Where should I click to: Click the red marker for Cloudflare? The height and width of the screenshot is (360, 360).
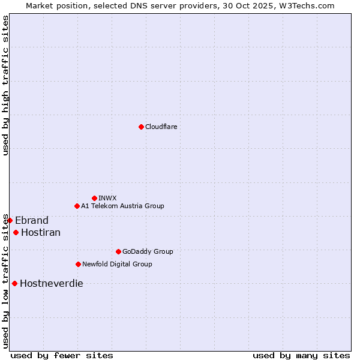coord(141,127)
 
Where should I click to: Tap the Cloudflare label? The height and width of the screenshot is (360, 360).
coord(161,127)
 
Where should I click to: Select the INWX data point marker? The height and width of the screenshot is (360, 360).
coord(94,198)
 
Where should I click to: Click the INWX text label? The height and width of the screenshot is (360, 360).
coord(107,198)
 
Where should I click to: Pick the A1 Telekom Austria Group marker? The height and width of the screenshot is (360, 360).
coord(77,206)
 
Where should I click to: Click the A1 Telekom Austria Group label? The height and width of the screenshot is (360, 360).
coord(122,206)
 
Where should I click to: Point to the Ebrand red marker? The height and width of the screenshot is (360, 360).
coord(10,220)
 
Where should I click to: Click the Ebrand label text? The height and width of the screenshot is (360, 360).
coord(32,220)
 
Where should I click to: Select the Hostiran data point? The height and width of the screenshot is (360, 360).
coord(16,232)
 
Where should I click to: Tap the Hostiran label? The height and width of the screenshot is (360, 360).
coord(41,232)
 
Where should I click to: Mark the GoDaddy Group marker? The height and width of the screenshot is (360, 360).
coord(118,251)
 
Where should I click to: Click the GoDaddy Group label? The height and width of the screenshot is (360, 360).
coord(148,251)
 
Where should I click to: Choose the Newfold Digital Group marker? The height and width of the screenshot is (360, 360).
coord(78,264)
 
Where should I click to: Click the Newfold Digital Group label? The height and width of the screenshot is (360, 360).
coord(117,264)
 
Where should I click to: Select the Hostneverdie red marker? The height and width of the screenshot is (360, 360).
coord(14,283)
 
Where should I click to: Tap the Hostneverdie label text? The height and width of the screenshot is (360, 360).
coord(52,283)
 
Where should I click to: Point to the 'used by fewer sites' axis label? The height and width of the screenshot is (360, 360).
coord(62,355)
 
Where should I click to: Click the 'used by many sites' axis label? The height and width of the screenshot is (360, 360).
coord(301,355)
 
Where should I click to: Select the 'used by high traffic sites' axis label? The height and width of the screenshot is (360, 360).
coord(5,85)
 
